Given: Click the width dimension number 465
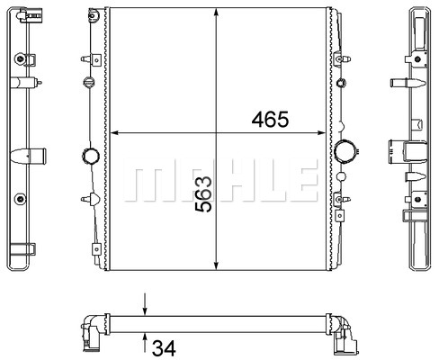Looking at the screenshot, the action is [x=270, y=120].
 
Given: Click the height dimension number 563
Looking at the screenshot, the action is [x=203, y=194].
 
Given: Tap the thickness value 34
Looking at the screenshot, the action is [x=164, y=348].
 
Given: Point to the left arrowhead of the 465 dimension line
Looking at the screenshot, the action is [x=115, y=132].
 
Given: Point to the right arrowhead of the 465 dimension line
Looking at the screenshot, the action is [x=321, y=132].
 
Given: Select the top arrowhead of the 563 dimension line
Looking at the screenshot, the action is [x=216, y=13].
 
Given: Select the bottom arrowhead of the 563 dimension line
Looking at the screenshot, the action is [x=216, y=265].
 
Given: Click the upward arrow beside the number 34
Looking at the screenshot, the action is [x=145, y=343].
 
